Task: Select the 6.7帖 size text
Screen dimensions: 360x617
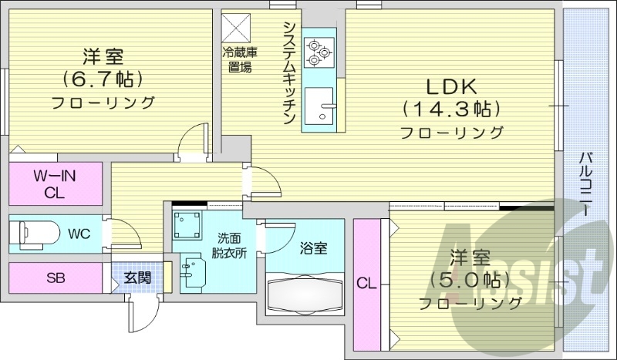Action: click(x=103, y=79)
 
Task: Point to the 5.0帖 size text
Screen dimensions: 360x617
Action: click(x=470, y=278)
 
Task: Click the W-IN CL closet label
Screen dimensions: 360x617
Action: click(x=56, y=183)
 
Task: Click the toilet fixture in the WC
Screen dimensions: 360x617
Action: click(x=35, y=230)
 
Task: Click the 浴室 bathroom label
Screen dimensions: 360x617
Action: click(x=313, y=248)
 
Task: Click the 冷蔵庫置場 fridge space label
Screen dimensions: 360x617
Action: click(x=240, y=59)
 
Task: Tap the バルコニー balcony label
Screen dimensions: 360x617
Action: click(x=588, y=184)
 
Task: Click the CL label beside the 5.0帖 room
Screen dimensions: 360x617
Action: click(x=365, y=284)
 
